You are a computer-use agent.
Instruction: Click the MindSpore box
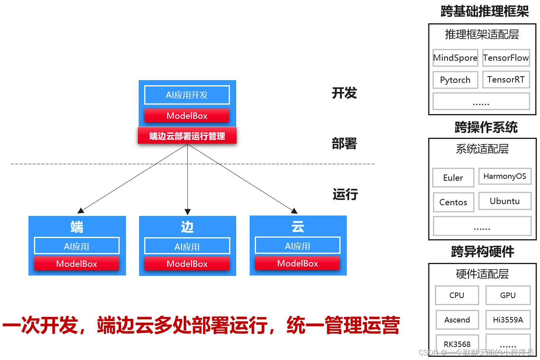pyautogui.click(x=455, y=58)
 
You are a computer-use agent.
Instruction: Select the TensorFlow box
pyautogui.click(x=506, y=58)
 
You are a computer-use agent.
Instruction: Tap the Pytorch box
pyautogui.click(x=455, y=80)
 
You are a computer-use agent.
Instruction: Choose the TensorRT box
pyautogui.click(x=506, y=79)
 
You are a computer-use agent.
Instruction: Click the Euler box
pyautogui.click(x=453, y=178)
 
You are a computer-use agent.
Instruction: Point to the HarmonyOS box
pyautogui.click(x=504, y=176)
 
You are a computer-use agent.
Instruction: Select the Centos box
pyautogui.click(x=453, y=202)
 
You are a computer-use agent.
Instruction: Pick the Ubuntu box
pyautogui.click(x=504, y=201)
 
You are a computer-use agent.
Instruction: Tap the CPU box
pyautogui.click(x=457, y=295)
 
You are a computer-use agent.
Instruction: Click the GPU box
pyautogui.click(x=508, y=295)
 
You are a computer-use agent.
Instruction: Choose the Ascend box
pyautogui.click(x=457, y=320)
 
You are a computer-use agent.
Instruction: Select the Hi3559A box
pyautogui.click(x=508, y=320)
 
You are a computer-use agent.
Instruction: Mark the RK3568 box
pyautogui.click(x=457, y=344)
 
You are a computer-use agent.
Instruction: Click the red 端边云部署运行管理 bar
pyautogui.click(x=187, y=136)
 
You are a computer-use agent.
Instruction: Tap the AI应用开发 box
pyautogui.click(x=187, y=95)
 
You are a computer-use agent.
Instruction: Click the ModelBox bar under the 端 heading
pyautogui.click(x=77, y=264)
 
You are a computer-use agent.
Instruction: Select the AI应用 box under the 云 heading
pyautogui.click(x=297, y=246)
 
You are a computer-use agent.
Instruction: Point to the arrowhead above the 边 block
pyautogui.click(x=188, y=212)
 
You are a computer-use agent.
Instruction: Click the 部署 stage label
pyautogui.click(x=344, y=143)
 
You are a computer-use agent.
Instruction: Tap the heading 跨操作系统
pyautogui.click(x=486, y=127)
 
